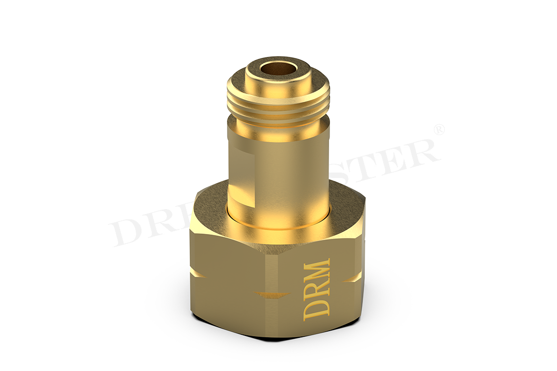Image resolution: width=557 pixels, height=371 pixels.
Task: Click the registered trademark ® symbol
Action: point(438,130)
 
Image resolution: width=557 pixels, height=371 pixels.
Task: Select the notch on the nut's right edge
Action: point(354,278)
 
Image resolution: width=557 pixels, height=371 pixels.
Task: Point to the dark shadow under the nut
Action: point(273,335)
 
